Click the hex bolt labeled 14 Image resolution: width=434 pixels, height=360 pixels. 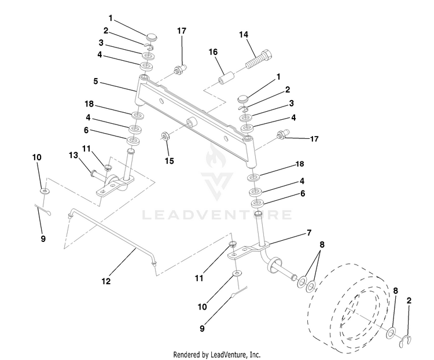click(259, 58)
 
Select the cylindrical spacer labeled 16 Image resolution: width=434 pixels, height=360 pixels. click(227, 78)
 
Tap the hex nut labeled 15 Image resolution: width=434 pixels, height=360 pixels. click(166, 136)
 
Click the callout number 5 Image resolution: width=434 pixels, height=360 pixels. click(95, 82)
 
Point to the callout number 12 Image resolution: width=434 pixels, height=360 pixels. click(106, 281)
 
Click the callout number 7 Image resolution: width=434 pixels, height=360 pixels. click(309, 233)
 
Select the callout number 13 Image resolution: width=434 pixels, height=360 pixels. click(73, 155)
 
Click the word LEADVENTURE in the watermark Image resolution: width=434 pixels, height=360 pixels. click(217, 215)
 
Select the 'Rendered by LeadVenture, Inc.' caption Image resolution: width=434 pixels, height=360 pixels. click(217, 354)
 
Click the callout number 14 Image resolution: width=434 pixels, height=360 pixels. click(244, 35)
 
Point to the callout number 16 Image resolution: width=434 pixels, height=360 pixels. click(213, 52)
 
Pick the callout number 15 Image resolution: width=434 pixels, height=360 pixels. click(170, 161)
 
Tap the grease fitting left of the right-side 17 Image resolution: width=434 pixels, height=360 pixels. click(283, 134)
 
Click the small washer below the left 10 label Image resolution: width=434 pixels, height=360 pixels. click(45, 191)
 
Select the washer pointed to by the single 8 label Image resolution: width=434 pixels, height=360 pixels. click(391, 333)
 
